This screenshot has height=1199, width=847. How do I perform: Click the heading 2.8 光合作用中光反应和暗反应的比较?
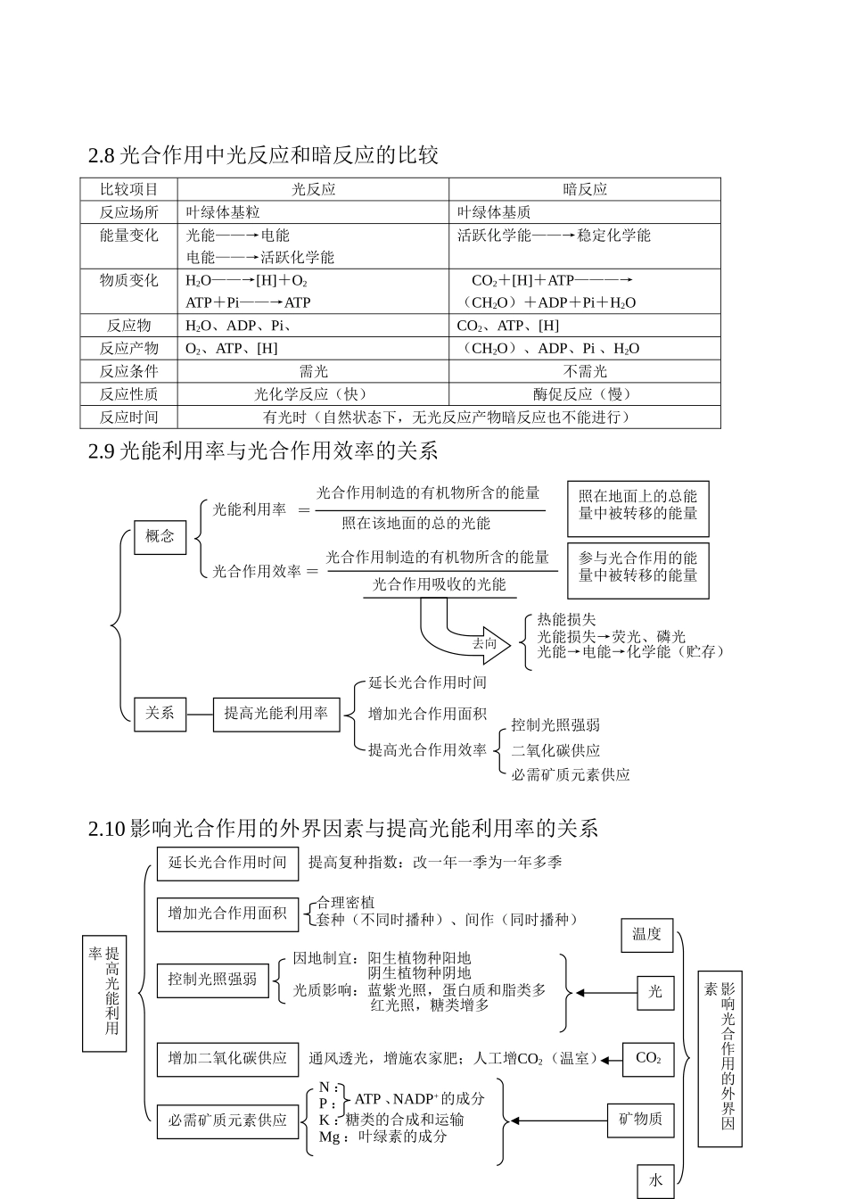[263, 155]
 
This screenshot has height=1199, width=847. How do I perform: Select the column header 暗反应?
[585, 189]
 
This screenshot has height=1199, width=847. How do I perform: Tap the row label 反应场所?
[129, 212]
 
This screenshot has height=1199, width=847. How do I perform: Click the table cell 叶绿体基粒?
[223, 212]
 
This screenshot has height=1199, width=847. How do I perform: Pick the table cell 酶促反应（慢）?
[585, 394]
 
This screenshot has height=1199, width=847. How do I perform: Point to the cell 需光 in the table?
[313, 371]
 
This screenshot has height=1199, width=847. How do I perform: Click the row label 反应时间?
[129, 418]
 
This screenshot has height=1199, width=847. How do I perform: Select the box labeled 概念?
[160, 537]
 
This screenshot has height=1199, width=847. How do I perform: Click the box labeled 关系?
[160, 714]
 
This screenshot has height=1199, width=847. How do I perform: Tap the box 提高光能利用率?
[276, 714]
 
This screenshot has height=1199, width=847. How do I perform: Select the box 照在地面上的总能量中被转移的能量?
[637, 506]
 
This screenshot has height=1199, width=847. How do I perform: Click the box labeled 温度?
[646, 935]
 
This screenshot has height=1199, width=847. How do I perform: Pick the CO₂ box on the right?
[648, 1059]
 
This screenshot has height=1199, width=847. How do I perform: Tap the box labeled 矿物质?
[641, 1120]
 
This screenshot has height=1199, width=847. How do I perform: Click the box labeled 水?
[655, 1180]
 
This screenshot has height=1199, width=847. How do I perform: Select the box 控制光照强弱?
[212, 980]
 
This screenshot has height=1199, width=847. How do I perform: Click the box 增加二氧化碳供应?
[227, 1059]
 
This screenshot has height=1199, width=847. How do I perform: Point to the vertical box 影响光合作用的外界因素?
[720, 1058]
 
